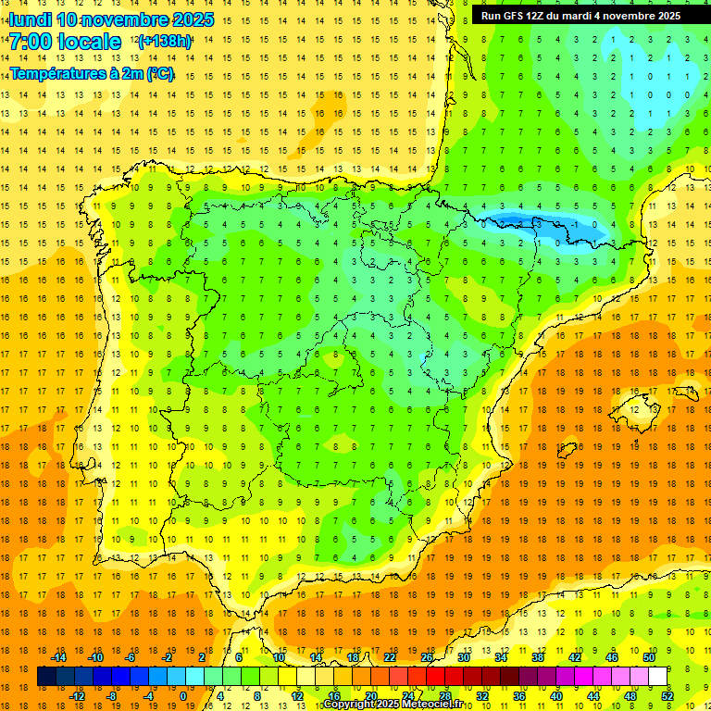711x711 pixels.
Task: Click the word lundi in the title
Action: (30, 19)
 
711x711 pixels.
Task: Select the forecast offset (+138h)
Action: (165, 42)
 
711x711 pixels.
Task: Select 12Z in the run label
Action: (543, 16)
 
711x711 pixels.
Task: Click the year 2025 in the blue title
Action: (193, 19)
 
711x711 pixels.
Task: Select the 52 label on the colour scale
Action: (667, 696)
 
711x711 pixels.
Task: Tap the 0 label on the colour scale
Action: (183, 696)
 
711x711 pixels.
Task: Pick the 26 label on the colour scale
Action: (427, 657)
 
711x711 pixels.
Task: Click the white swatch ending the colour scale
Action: (657, 677)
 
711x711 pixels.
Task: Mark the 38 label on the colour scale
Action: (538, 657)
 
